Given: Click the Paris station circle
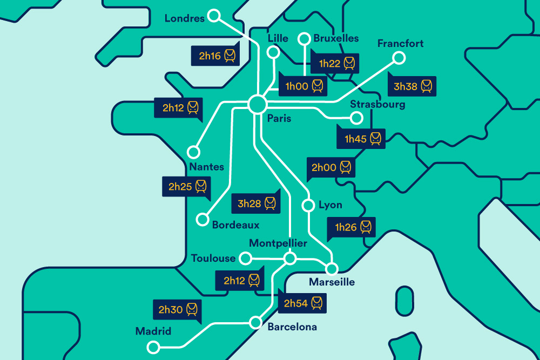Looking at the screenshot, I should click(258, 104).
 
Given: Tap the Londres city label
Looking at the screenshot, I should click(185, 19).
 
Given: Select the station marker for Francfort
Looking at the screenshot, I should click(399, 58).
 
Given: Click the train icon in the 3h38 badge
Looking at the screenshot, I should click(427, 86).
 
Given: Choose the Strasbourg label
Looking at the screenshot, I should click(377, 104).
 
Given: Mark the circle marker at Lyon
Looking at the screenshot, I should click(308, 206).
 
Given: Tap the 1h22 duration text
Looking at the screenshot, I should click(329, 64).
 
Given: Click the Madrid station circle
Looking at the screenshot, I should click(154, 347).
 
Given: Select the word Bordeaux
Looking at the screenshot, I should click(235, 225).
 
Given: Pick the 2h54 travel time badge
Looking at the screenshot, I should click(303, 303).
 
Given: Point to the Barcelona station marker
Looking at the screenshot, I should click(255, 323).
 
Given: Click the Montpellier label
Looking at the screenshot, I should click(278, 243).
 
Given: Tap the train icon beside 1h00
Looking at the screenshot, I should click(318, 86).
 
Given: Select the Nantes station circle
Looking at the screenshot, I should click(193, 152).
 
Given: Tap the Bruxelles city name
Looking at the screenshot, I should click(336, 38).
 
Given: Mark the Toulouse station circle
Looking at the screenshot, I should click(245, 259).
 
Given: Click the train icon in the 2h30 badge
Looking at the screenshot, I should click(192, 310).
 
